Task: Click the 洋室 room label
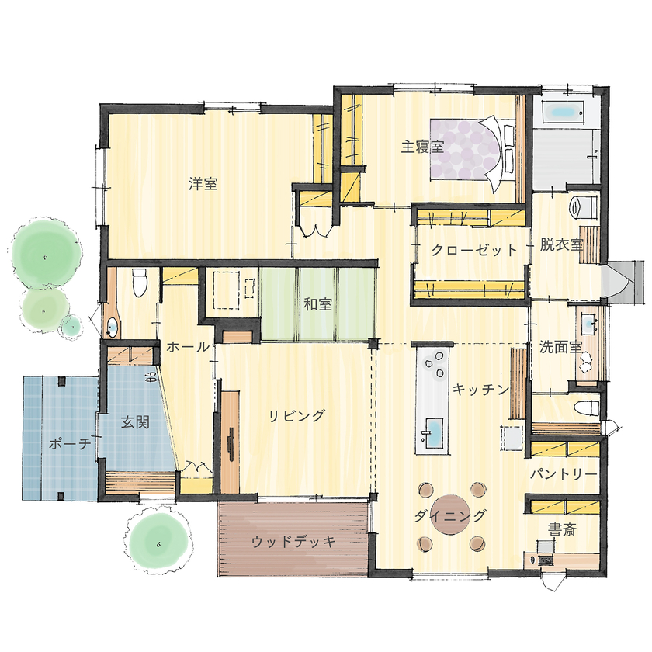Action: click(x=203, y=185)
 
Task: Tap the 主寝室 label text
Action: click(x=422, y=147)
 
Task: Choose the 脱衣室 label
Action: click(x=561, y=244)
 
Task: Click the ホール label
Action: click(x=187, y=348)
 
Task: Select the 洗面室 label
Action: click(x=560, y=347)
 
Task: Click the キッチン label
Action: click(x=480, y=388)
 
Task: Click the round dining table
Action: click(x=451, y=515)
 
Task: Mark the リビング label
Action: click(x=297, y=415)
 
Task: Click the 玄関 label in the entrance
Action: click(x=135, y=423)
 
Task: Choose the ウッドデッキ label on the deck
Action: click(x=293, y=542)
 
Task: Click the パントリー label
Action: click(x=564, y=473)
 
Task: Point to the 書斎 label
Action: click(x=561, y=530)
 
